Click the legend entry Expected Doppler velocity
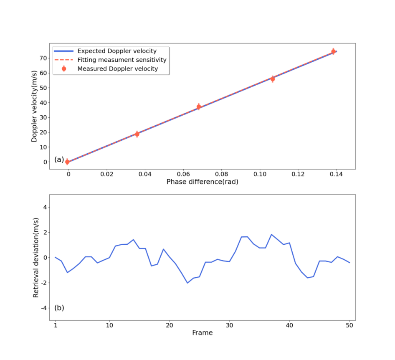point(117,51)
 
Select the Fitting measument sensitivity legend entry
point(122,60)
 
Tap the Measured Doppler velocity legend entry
point(118,68)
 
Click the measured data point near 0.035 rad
point(137,134)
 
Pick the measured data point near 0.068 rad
point(199,106)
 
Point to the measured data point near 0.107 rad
point(273,79)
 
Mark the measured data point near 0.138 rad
point(333,51)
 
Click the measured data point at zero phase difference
point(67,162)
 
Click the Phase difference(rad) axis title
point(202,182)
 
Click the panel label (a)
point(59,160)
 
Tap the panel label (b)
point(59,308)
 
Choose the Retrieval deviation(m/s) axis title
point(36,257)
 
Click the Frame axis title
point(202,333)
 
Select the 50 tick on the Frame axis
point(349,325)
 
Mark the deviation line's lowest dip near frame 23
point(187,283)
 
